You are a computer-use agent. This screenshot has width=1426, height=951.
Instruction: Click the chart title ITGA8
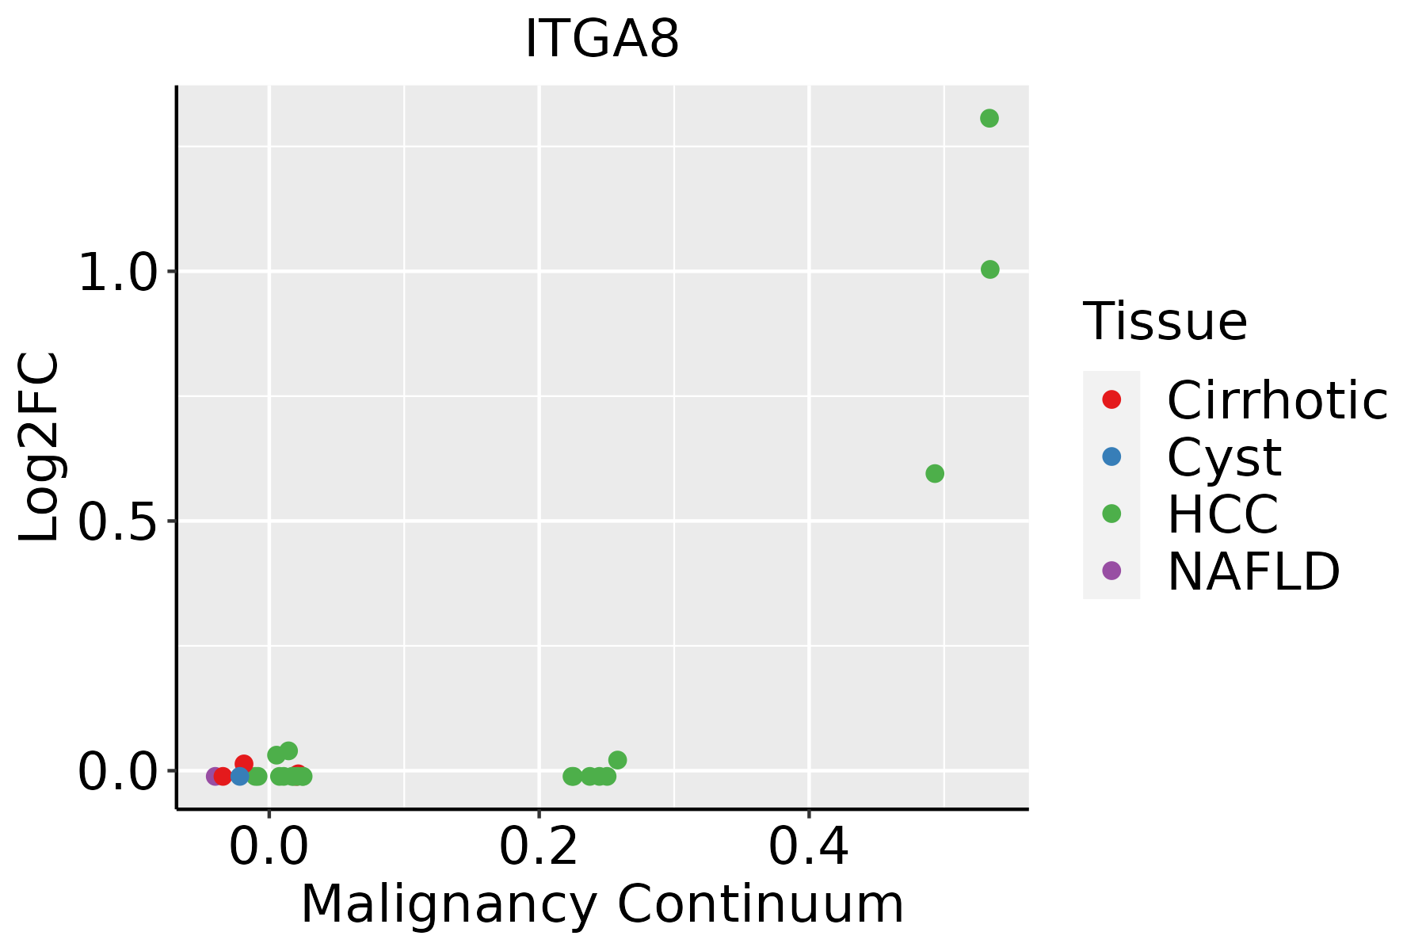click(x=602, y=40)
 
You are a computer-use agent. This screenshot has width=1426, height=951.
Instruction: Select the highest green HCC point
click(x=989, y=119)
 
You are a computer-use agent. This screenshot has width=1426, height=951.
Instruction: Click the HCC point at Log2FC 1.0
click(x=989, y=269)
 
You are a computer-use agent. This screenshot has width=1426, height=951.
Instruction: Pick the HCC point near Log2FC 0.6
click(x=935, y=474)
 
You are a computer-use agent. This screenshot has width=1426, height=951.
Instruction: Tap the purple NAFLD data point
click(x=214, y=776)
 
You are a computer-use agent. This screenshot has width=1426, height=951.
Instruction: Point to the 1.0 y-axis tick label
click(x=118, y=274)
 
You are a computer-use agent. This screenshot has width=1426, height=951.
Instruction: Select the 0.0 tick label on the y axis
click(x=118, y=773)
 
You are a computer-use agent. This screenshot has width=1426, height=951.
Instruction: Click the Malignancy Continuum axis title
click(x=602, y=905)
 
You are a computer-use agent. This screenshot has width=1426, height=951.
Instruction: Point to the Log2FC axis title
click(x=40, y=447)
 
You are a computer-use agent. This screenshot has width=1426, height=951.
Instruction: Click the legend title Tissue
click(x=1165, y=322)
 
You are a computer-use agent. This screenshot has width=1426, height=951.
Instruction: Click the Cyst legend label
click(x=1224, y=457)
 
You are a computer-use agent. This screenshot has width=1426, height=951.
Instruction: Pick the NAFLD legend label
click(x=1253, y=571)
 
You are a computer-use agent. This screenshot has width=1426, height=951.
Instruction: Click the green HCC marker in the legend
click(x=1111, y=514)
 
